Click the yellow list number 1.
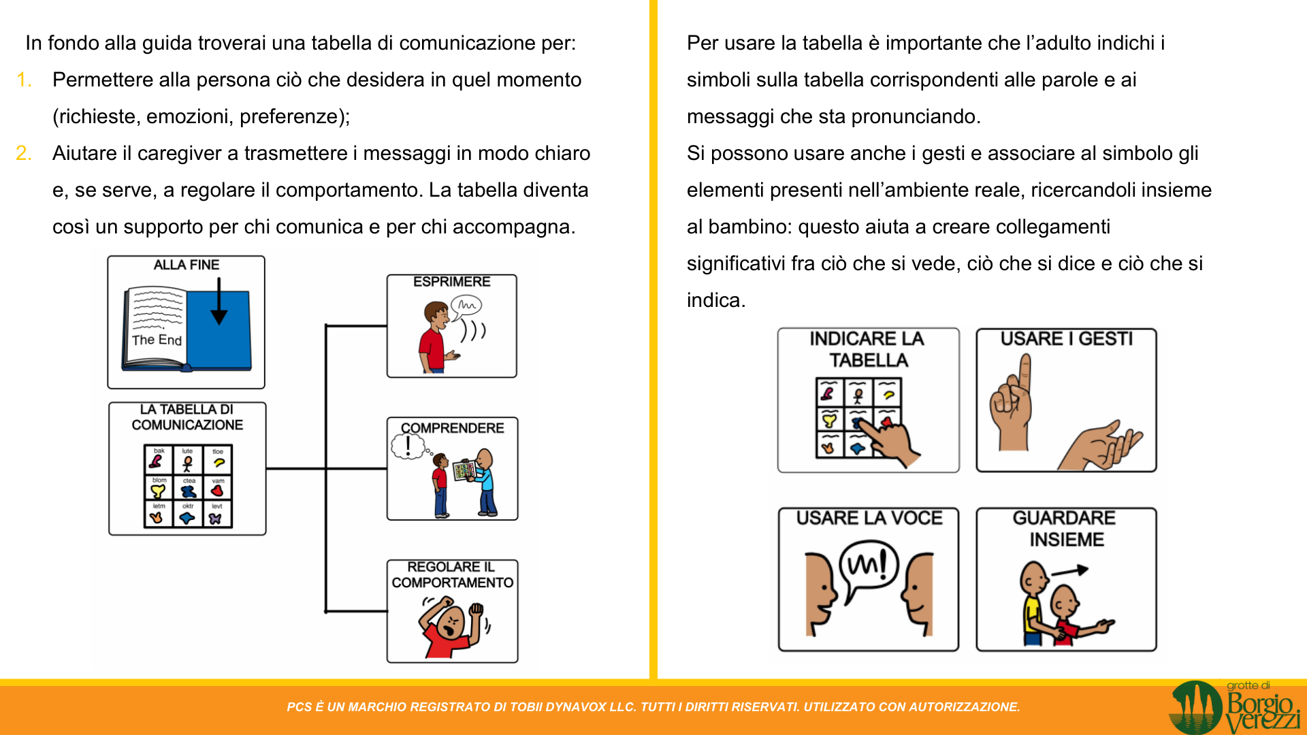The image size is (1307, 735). [x=24, y=80]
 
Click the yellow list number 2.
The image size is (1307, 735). [x=24, y=154]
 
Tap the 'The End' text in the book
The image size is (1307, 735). [x=157, y=340]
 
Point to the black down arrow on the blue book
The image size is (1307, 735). [x=219, y=302]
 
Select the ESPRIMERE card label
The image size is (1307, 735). [x=451, y=282]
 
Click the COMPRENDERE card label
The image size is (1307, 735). [x=453, y=428]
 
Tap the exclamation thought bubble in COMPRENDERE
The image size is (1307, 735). [x=408, y=446]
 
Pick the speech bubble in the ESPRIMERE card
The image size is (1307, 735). [x=466, y=306]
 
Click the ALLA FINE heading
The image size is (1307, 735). [x=187, y=265]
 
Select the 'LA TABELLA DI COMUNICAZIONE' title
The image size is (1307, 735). [x=187, y=417]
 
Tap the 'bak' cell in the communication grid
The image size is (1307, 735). [x=159, y=459]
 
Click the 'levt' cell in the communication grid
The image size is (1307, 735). [x=217, y=515]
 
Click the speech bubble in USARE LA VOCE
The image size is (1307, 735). [x=868, y=565]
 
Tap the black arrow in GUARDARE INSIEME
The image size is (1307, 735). [x=1069, y=571]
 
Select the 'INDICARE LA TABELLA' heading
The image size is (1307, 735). [x=867, y=349]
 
